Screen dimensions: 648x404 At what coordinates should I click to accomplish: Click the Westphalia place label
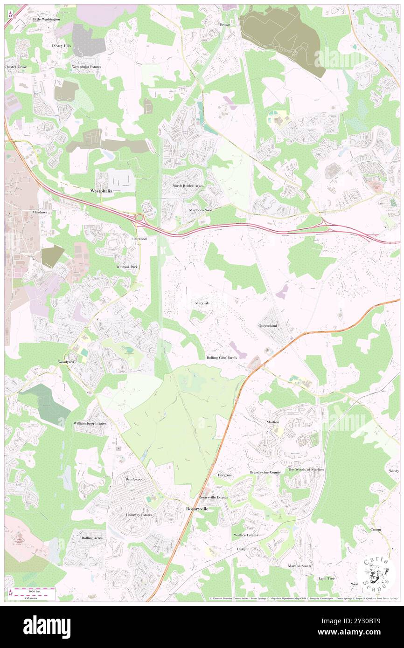(x=101, y=191)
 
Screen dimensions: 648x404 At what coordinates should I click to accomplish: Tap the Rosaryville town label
(x=197, y=509)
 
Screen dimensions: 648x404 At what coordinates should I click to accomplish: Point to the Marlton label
(x=273, y=422)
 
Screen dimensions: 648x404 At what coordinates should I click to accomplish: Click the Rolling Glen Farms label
(x=222, y=358)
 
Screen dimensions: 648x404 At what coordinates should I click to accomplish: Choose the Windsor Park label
(x=127, y=267)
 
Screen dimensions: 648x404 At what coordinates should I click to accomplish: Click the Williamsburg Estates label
(x=90, y=423)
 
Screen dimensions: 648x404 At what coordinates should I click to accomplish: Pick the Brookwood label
(x=134, y=479)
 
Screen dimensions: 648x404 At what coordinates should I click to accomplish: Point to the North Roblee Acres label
(x=188, y=186)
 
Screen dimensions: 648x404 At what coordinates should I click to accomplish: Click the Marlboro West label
(x=201, y=210)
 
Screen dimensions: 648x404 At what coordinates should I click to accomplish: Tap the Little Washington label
(x=46, y=19)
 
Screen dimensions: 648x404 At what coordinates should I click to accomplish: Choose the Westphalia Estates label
(x=86, y=67)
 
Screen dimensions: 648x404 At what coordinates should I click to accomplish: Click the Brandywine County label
(x=265, y=472)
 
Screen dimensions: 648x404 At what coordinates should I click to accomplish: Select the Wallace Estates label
(x=245, y=535)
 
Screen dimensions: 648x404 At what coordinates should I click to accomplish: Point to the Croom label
(x=376, y=530)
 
